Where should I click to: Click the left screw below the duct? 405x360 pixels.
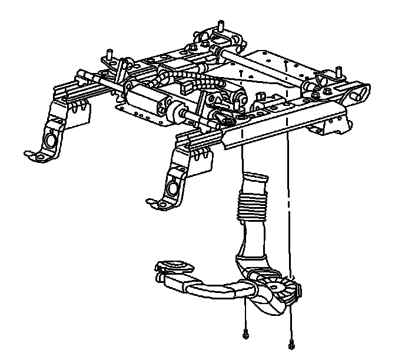[245, 335]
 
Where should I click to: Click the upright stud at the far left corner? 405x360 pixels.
[110, 54]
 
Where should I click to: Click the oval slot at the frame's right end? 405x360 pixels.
[360, 93]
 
